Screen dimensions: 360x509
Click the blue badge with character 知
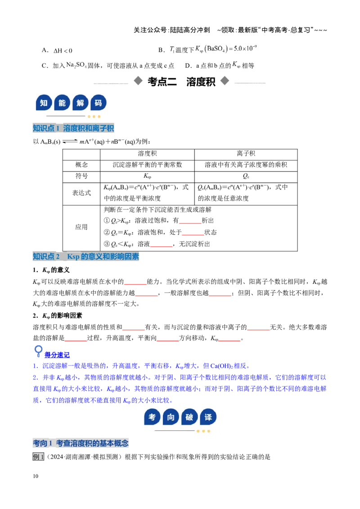pyautogui.click(x=44, y=103)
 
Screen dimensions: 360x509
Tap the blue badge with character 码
pyautogui.click(x=98, y=103)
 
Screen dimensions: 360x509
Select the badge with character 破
pyautogui.click(x=189, y=417)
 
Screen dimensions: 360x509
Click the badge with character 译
pyautogui.click(x=208, y=417)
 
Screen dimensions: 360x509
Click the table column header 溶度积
pyautogui.click(x=147, y=153)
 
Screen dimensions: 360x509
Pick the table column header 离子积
pyautogui.click(x=246, y=153)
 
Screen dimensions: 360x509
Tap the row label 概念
pyautogui.click(x=81, y=165)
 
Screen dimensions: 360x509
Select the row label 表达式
pyautogui.click(x=81, y=193)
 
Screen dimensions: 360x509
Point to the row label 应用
pyautogui.click(x=81, y=227)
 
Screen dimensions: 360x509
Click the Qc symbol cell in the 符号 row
pyautogui.click(x=246, y=176)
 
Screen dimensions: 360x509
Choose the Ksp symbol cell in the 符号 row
pyautogui.click(x=147, y=176)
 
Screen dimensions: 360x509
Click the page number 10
pyautogui.click(x=36, y=476)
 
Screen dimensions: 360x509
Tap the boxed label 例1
pyautogui.click(x=38, y=457)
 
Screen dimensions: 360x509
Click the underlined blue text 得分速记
pyautogui.click(x=57, y=355)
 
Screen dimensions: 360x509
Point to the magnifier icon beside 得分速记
pyautogui.click(x=38, y=351)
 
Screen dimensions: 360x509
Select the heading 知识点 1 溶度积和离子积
pyautogui.click(x=73, y=128)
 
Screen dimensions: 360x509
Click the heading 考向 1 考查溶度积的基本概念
pyautogui.click(x=81, y=443)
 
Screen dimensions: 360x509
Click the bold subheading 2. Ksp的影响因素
pyautogui.click(x=58, y=316)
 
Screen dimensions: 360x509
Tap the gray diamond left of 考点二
pyautogui.click(x=138, y=81)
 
